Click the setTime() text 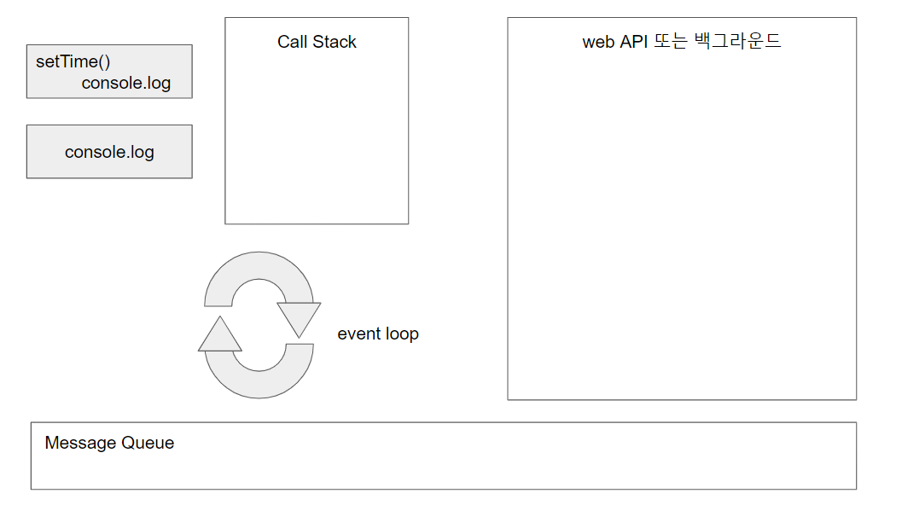click(73, 62)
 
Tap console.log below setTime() click(126, 84)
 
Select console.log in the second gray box click(109, 153)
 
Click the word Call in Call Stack click(293, 42)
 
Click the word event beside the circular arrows click(358, 334)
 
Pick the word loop click(401, 334)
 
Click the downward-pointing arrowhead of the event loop click(299, 317)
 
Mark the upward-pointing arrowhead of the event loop click(220, 336)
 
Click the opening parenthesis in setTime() click(102, 62)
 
